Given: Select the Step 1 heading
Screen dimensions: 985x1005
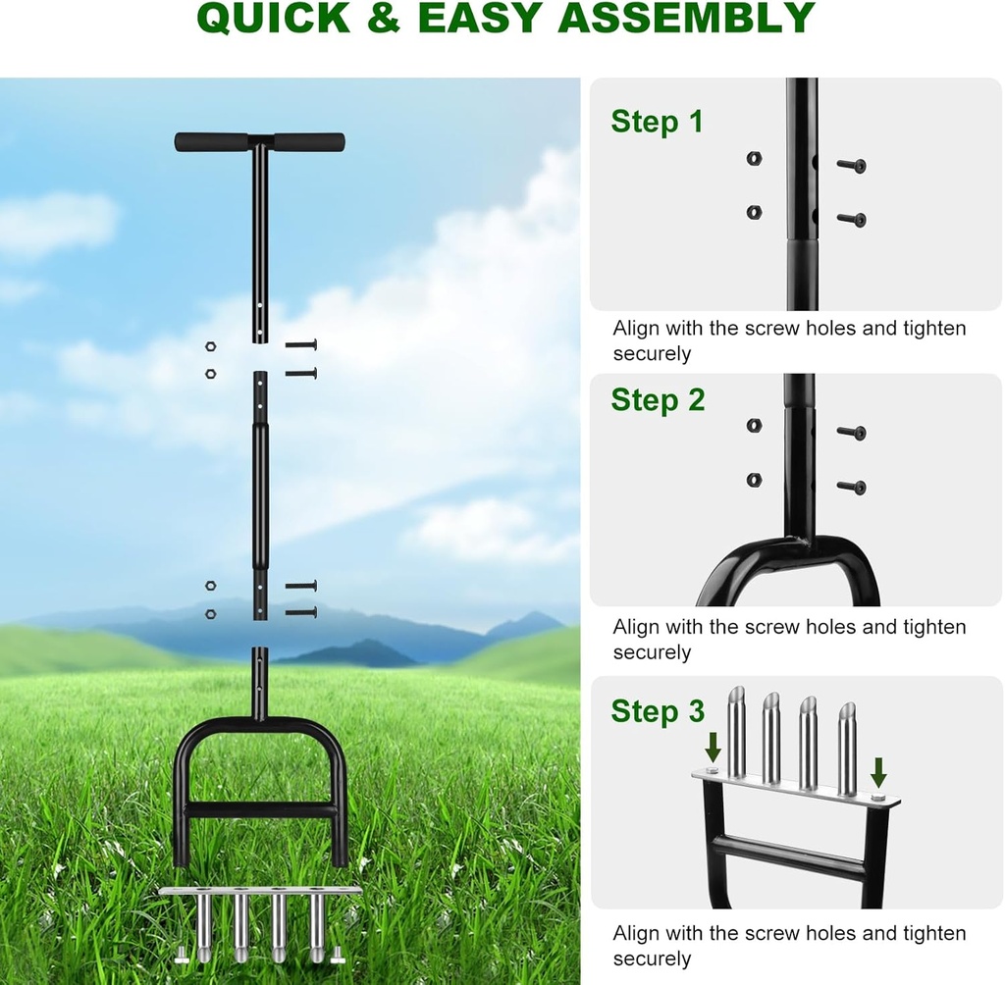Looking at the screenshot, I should pyautogui.click(x=657, y=122).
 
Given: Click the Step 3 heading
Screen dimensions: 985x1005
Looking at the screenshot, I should pyautogui.click(x=658, y=711).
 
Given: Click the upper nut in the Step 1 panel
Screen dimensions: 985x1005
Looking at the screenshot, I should pyautogui.click(x=754, y=158).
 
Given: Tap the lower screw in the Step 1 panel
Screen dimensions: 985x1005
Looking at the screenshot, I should pyautogui.click(x=851, y=219).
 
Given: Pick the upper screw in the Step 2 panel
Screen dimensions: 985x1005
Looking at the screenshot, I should pyautogui.click(x=851, y=432).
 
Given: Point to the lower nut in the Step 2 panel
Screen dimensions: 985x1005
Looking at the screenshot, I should pyautogui.click(x=754, y=480).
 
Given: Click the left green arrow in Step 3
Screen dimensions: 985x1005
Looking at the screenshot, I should pyautogui.click(x=714, y=747).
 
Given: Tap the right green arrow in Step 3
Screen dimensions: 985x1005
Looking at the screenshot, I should pyautogui.click(x=878, y=771).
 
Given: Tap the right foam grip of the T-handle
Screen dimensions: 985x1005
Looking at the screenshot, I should pyautogui.click(x=309, y=142).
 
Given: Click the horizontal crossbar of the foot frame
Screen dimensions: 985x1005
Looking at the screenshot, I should pyautogui.click(x=259, y=810).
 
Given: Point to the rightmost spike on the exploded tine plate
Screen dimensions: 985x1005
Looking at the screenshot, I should pyautogui.click(x=316, y=927).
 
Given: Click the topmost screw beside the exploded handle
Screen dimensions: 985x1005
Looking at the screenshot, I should pyautogui.click(x=301, y=345).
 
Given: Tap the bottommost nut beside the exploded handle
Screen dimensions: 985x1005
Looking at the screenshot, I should pyautogui.click(x=210, y=614).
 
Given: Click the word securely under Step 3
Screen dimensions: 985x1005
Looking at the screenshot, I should pyautogui.click(x=653, y=959).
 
